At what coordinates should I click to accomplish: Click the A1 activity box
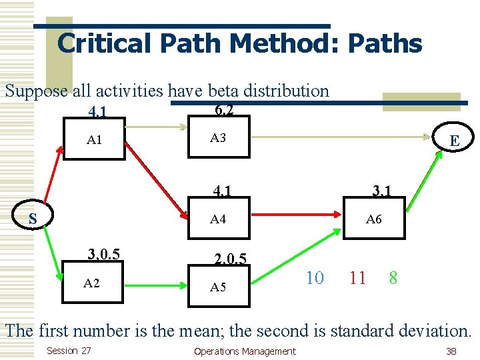point(94,139)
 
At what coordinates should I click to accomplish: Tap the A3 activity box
point(219,138)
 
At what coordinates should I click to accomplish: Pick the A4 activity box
point(219,218)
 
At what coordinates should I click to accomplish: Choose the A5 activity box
point(219,287)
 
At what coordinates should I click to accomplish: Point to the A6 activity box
point(374,218)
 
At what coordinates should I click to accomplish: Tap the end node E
point(454,140)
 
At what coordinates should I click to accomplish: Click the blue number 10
point(314,278)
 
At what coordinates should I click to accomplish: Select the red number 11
point(358,278)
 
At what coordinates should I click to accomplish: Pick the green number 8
point(393,278)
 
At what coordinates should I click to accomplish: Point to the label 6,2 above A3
point(224,109)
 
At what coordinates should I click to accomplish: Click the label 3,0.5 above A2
point(104,254)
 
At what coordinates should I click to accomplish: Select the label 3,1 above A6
point(381,192)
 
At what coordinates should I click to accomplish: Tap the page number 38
point(451,351)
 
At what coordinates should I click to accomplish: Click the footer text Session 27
point(69,351)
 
